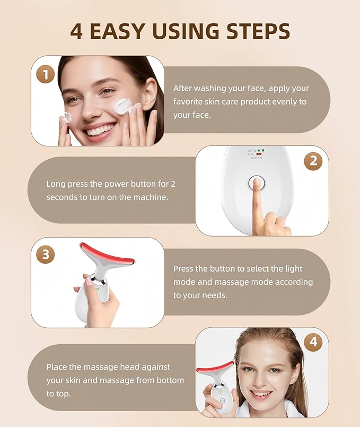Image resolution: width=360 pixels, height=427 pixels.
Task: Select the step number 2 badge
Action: coord(313,161)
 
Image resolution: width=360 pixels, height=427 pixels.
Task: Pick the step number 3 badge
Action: coord(45,254)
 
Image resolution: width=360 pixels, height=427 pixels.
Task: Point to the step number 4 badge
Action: coord(313,342)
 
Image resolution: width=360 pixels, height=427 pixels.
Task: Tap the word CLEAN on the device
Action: coord(256,158)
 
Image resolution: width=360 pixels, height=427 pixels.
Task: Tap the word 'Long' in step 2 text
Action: coord(56,184)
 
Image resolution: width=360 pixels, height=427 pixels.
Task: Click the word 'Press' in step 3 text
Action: coord(185,269)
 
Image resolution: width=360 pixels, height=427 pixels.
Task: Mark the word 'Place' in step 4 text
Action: coord(57,367)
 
